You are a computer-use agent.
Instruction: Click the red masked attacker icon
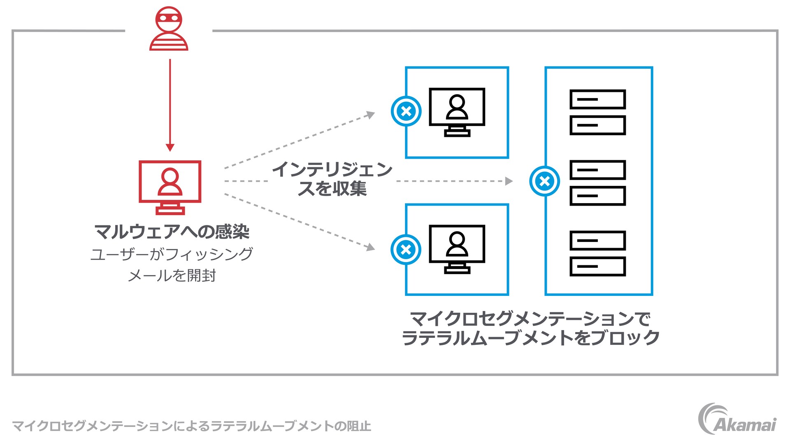169,29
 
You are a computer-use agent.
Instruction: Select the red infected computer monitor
170,187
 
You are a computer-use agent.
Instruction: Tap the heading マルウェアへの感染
172,232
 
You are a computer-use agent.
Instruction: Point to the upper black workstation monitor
457,111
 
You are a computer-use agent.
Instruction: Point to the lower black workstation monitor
457,248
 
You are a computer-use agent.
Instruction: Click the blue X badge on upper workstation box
406,111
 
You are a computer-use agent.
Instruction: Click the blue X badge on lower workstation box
406,250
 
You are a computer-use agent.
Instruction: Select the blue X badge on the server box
544,181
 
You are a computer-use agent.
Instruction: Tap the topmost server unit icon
597,99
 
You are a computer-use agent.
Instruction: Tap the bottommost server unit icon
597,266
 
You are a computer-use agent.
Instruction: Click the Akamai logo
737,419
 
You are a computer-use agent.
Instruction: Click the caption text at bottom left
191,426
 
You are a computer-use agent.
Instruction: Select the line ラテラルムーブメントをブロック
531,338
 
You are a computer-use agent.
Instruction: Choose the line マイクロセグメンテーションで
531,319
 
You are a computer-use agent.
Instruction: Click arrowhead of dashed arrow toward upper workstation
371,114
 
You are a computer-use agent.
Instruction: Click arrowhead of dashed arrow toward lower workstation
371,247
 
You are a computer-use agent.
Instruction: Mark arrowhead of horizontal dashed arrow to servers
509,181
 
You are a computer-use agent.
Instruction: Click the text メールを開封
172,275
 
